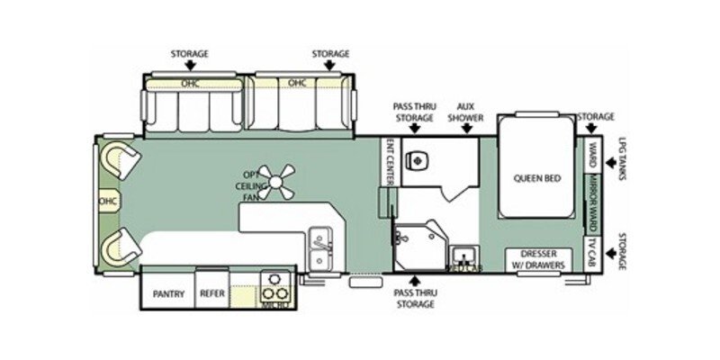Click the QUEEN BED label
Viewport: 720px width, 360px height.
[x=537, y=178]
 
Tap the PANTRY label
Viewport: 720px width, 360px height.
[x=168, y=293]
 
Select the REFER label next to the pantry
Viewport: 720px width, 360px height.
[x=213, y=293]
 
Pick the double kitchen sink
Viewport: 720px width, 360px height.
[x=319, y=247]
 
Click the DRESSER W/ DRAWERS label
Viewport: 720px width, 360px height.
[x=536, y=259]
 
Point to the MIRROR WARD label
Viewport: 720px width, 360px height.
[x=593, y=198]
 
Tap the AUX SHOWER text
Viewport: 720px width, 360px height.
[x=465, y=112]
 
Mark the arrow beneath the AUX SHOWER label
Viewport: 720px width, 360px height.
[x=465, y=130]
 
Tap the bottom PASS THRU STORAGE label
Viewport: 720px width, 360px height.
[x=415, y=299]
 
